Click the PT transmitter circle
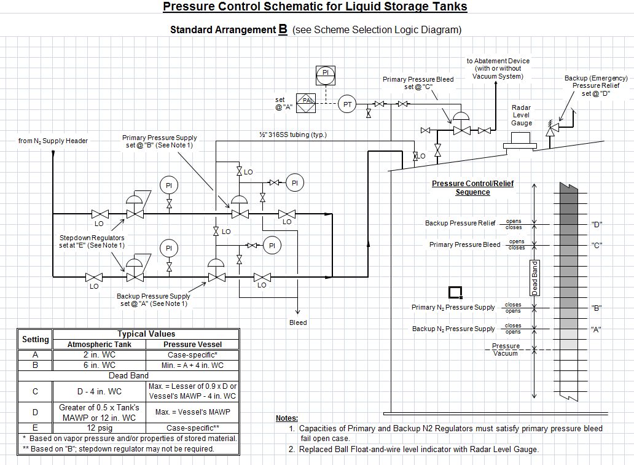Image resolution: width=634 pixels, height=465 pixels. [x=348, y=104]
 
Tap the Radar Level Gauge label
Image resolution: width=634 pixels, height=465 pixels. [x=521, y=115]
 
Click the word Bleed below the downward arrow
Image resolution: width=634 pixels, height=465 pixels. [x=298, y=322]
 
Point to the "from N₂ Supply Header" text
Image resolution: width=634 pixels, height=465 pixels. [x=53, y=141]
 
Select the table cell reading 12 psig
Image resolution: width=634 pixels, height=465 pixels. [x=99, y=428]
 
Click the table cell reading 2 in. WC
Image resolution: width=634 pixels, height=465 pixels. [x=99, y=354]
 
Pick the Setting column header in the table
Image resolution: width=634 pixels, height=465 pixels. [x=35, y=339]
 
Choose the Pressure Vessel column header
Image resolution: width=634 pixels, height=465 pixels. [x=192, y=345]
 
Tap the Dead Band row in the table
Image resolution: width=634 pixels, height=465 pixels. [x=128, y=375]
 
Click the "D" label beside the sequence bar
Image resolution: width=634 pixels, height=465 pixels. [x=597, y=224]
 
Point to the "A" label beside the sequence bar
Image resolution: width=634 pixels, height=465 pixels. [x=596, y=329]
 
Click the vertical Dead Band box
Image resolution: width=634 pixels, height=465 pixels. [x=534, y=278]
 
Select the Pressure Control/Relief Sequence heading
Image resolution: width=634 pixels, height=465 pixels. [x=472, y=188]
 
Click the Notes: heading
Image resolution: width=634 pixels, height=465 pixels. [x=287, y=418]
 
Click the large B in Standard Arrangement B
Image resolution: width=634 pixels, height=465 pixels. [x=283, y=28]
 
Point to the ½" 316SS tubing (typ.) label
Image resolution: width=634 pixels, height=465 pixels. [x=292, y=135]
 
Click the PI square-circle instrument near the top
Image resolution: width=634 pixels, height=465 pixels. [x=326, y=74]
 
